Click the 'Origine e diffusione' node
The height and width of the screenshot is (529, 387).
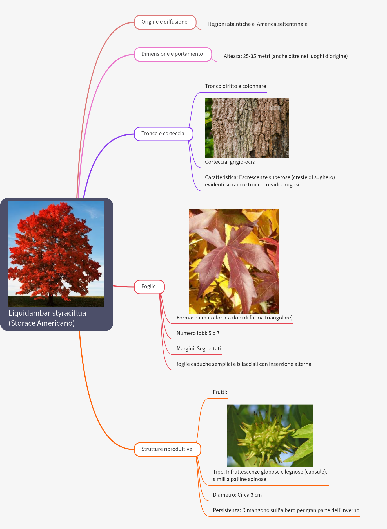click(165, 22)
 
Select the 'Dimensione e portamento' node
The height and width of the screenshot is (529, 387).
click(172, 54)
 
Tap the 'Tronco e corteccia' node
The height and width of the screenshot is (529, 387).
click(163, 134)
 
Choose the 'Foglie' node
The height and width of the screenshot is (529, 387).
click(149, 287)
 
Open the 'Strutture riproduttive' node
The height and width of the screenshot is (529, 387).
click(167, 449)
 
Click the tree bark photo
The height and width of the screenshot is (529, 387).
click(247, 127)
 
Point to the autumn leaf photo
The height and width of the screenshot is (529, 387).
click(234, 261)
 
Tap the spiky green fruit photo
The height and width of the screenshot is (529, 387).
click(270, 436)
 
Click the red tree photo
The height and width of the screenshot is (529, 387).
click(56, 253)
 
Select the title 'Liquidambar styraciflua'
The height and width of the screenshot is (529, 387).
click(47, 313)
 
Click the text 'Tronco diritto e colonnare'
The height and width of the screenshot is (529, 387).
click(235, 86)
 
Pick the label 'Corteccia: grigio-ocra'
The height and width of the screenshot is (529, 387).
click(230, 162)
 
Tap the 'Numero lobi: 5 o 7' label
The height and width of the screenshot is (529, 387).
click(198, 333)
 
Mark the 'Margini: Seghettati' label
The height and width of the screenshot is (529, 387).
click(199, 349)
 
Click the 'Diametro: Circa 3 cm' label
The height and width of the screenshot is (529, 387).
click(237, 495)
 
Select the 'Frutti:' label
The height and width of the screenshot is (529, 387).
click(220, 392)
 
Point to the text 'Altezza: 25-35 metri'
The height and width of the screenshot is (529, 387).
click(247, 56)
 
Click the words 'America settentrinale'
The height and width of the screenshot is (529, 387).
click(282, 24)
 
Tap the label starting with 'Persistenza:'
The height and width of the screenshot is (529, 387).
click(286, 510)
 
